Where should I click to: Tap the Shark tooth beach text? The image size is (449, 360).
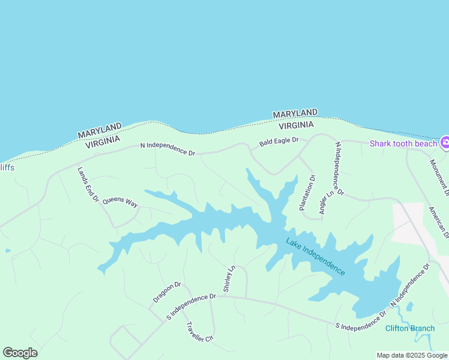click(x=403, y=143)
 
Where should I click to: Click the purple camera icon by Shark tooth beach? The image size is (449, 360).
click(x=445, y=143)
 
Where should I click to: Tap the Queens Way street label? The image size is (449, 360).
click(x=120, y=201)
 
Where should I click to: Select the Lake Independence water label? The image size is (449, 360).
click(x=315, y=257)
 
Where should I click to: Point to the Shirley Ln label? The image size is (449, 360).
click(x=228, y=278)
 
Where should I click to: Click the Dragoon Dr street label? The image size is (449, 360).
click(x=167, y=292)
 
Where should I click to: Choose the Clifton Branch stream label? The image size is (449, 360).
click(x=410, y=328)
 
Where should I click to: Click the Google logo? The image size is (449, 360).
click(x=20, y=352)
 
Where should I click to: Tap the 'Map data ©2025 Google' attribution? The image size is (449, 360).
click(x=412, y=355)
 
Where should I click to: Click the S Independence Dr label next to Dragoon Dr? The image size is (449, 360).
click(x=191, y=306)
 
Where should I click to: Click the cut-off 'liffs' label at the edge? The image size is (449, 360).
click(x=7, y=167)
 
